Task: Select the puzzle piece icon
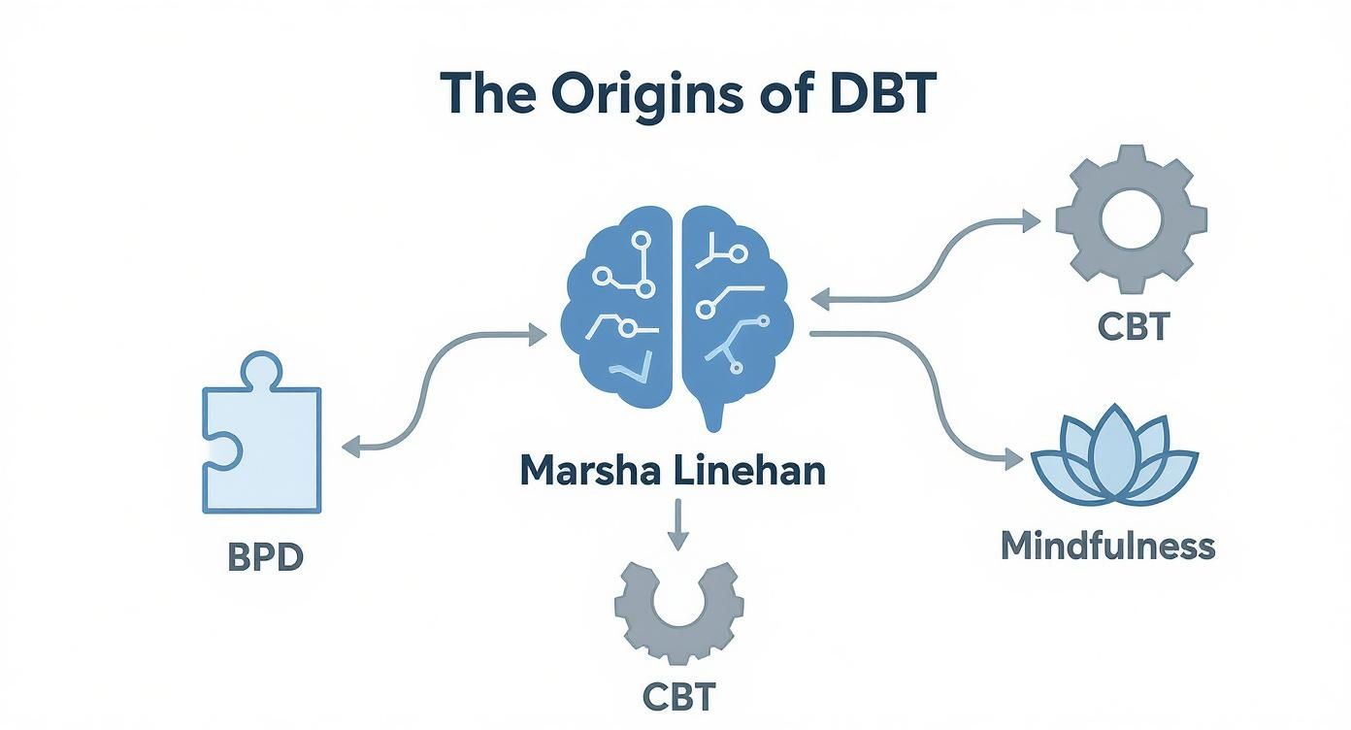pyautogui.click(x=260, y=442)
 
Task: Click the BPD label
pyautogui.click(x=265, y=558)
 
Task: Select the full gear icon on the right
pyautogui.click(x=1131, y=218)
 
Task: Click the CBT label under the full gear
pyautogui.click(x=1134, y=326)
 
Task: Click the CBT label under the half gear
pyautogui.click(x=678, y=696)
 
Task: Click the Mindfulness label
pyautogui.click(x=1107, y=546)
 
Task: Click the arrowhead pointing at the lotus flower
pyautogui.click(x=1014, y=459)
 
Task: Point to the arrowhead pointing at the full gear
pyautogui.click(x=1030, y=220)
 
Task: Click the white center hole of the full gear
pyautogui.click(x=1131, y=218)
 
